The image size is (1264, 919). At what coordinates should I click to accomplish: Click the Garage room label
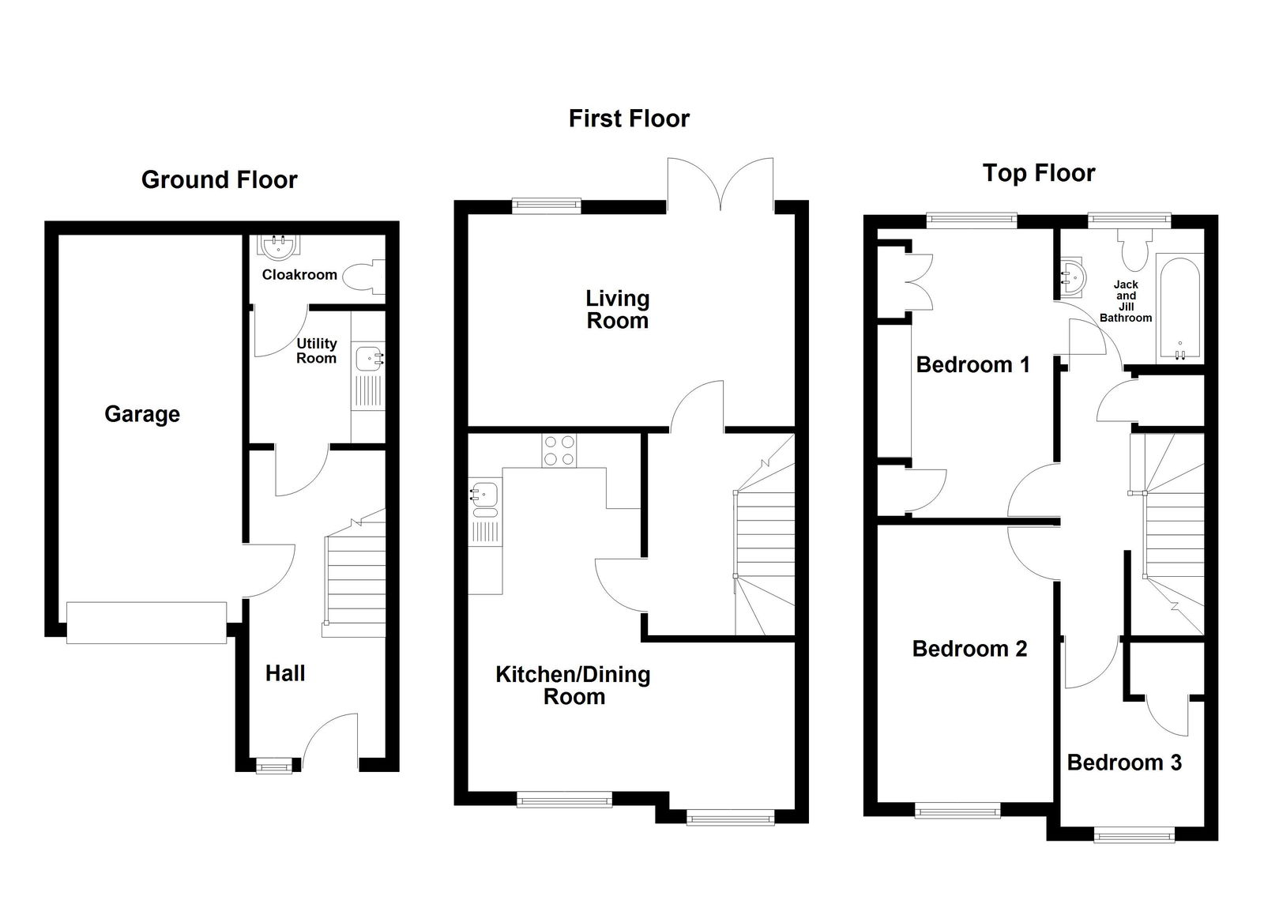142,414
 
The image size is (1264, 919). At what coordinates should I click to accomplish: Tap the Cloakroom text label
299,275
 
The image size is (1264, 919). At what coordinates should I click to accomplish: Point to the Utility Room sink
369,360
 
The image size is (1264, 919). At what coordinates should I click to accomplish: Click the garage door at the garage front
146,623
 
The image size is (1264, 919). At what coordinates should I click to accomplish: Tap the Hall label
284,673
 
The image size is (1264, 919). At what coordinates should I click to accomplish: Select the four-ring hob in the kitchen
559,450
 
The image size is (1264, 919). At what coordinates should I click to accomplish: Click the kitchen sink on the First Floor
484,495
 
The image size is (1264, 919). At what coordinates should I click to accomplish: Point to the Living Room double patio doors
720,186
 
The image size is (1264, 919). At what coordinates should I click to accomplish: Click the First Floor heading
629,119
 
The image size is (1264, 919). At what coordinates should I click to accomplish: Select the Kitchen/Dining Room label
573,685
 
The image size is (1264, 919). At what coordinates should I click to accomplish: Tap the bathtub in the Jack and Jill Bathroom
1179,308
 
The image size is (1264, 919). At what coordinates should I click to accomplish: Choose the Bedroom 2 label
969,649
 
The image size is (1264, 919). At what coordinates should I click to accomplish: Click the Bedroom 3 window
1134,834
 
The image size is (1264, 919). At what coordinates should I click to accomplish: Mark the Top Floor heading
1038,173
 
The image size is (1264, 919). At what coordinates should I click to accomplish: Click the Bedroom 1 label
972,364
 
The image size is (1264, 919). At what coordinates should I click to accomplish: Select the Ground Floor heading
219,180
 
